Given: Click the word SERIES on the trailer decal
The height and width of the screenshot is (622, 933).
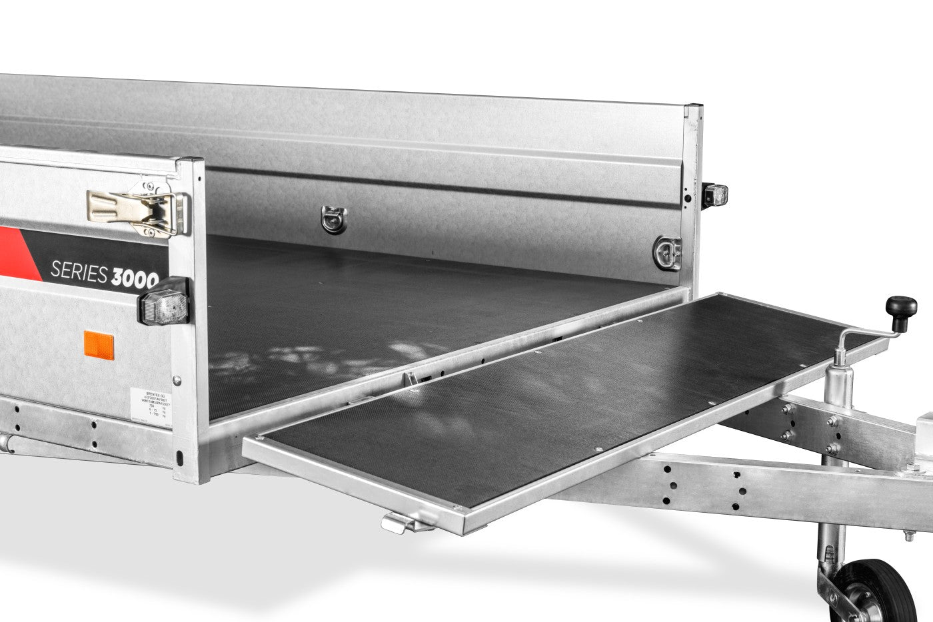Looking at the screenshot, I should pos(78,270).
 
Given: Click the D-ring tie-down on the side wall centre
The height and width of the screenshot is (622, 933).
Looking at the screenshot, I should pos(333,219).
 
